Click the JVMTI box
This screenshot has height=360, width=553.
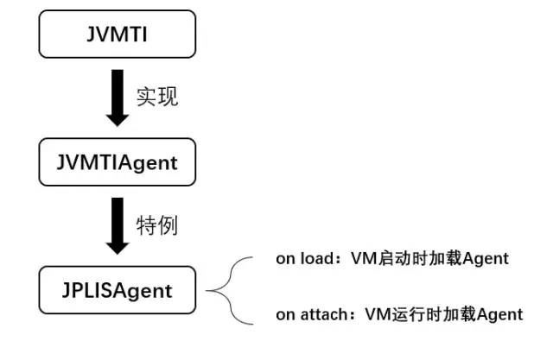pyautogui.click(x=117, y=34)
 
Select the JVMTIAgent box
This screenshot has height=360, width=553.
pyautogui.click(x=117, y=161)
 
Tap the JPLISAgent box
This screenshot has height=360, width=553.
pyautogui.click(x=117, y=290)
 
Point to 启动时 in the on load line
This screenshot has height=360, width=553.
pyautogui.click(x=397, y=259)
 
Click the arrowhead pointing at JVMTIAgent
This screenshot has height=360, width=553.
pyautogui.click(x=117, y=117)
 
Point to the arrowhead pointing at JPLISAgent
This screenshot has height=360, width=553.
pyautogui.click(x=117, y=245)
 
